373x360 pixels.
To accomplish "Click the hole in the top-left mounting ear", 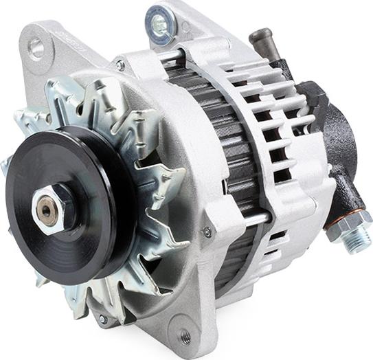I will (x=36, y=47).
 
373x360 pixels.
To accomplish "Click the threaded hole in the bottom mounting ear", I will (x=185, y=336).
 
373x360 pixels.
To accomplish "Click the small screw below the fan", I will (x=102, y=319).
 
